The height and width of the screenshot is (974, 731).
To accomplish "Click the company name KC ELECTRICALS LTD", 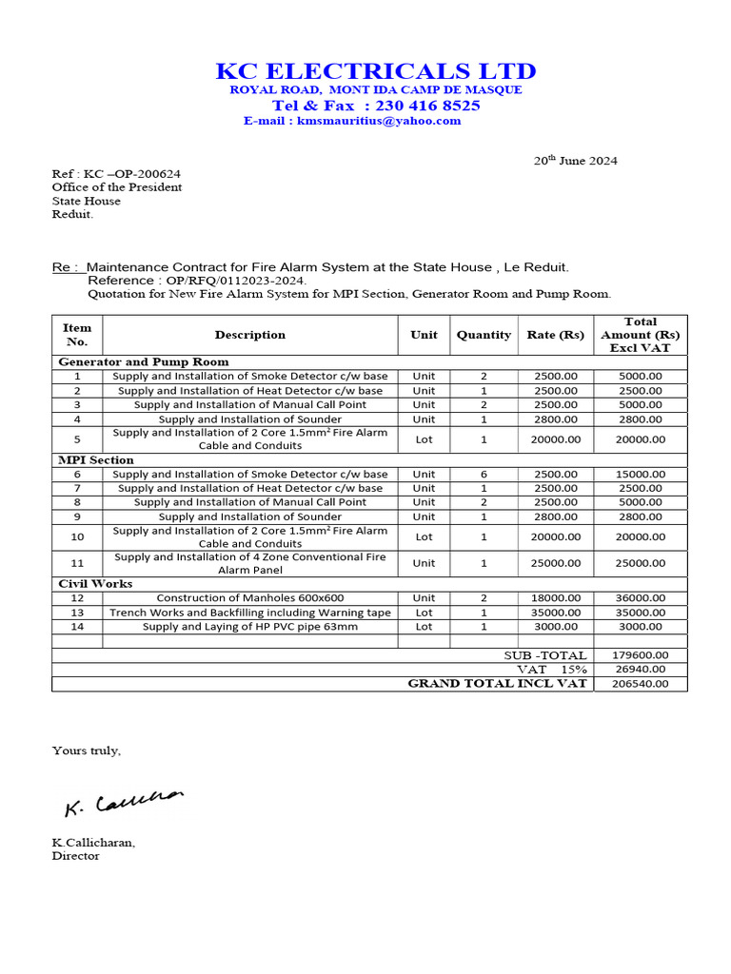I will [375, 71].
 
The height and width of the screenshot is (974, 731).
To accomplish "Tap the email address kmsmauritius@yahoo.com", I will [379, 121].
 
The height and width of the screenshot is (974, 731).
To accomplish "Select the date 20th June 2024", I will [574, 160].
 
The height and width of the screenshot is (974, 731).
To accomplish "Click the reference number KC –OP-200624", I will [132, 174].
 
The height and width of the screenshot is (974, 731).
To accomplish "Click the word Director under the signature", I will [75, 856].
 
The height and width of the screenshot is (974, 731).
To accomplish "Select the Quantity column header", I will [484, 335].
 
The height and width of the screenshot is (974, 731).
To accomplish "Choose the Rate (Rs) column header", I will [556, 335].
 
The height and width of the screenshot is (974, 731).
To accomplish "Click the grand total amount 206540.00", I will [640, 684].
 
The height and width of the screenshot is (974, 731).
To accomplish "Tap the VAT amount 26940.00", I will [640, 670].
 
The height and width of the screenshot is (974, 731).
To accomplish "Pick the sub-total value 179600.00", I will [640, 655].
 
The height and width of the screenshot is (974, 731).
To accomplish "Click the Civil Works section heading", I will [95, 583].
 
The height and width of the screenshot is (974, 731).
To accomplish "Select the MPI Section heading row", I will [96, 459].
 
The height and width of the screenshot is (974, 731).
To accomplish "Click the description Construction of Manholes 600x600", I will [250, 598].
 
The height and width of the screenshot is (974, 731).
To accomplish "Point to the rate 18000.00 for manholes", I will [556, 598].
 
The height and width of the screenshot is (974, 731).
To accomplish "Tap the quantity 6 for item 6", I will [484, 474].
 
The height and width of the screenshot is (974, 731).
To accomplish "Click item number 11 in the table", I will [77, 563].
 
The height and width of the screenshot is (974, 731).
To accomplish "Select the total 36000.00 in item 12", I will [640, 598].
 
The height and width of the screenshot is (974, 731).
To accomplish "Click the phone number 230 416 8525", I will [427, 106].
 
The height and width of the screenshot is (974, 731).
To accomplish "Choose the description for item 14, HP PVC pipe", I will [250, 627].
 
